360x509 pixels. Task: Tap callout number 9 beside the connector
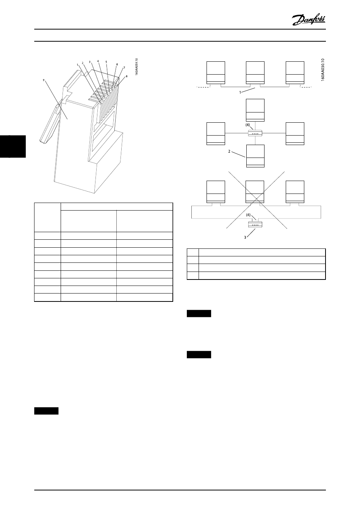[x=44, y=80]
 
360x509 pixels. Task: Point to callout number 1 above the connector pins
[x=77, y=65]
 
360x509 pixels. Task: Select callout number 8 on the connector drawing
[x=127, y=77]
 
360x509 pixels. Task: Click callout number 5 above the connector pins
[x=106, y=62]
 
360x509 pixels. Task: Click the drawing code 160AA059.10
[x=136, y=67]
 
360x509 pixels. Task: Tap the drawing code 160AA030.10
[x=323, y=70]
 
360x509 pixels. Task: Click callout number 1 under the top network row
[x=240, y=92]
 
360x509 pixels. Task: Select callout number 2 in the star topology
[x=229, y=151]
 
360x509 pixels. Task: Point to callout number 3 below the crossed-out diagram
[x=245, y=237]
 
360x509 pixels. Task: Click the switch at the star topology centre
[x=255, y=133]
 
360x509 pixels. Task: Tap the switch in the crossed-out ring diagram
[x=255, y=224]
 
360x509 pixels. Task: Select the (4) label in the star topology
[x=248, y=125]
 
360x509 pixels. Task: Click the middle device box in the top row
[x=255, y=73]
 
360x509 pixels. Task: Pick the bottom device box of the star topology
[x=255, y=156]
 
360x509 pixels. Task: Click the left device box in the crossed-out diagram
[x=216, y=192]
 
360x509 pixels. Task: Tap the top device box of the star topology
[x=255, y=110]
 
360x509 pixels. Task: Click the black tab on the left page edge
[x=13, y=146]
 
